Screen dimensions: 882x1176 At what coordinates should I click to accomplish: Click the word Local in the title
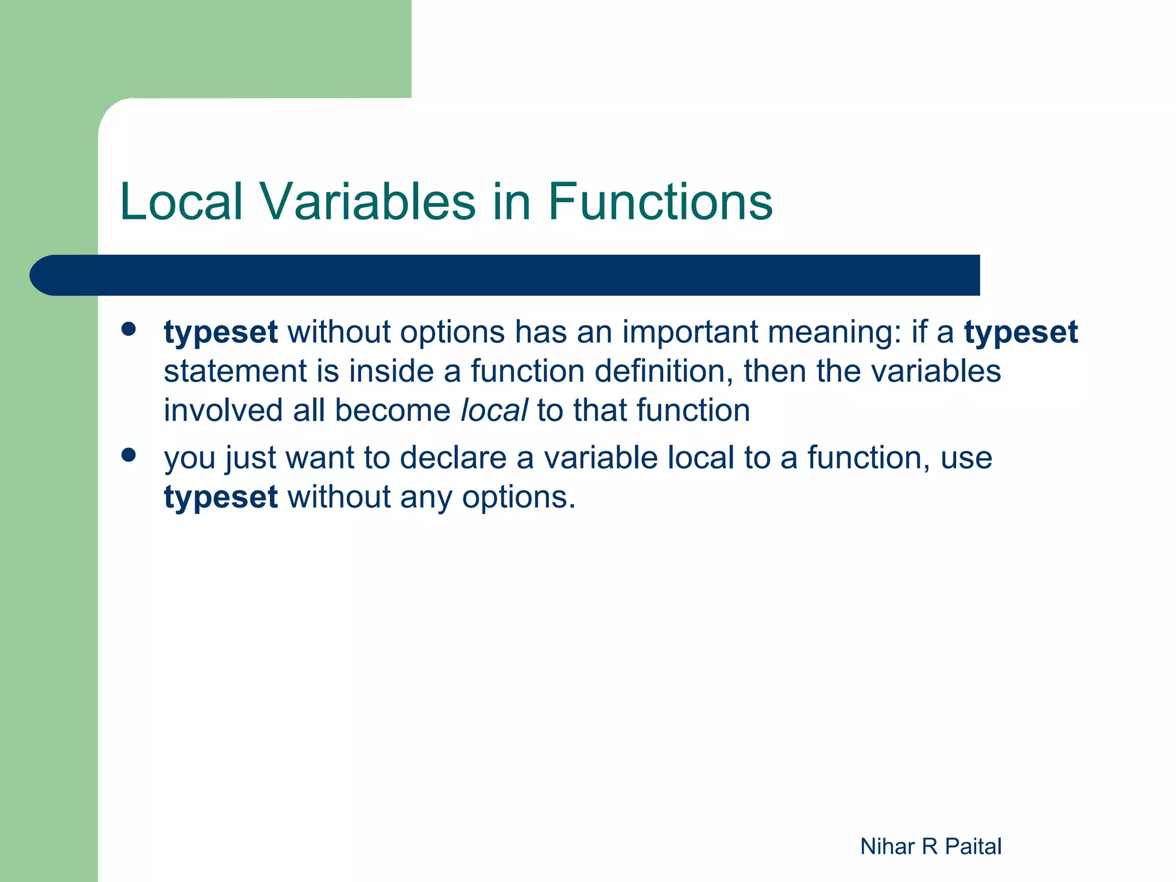click(181, 202)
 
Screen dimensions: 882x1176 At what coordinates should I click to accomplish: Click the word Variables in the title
click(368, 202)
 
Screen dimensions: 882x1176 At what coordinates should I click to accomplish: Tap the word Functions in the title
click(660, 202)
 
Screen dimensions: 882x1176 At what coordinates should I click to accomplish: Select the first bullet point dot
click(129, 329)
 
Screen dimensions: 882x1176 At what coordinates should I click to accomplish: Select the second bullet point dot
click(129, 455)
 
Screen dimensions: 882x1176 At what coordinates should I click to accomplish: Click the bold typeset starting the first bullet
click(220, 332)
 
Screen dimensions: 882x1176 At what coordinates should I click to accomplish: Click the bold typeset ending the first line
click(1020, 332)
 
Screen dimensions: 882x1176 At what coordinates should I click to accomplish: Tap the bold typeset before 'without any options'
click(220, 497)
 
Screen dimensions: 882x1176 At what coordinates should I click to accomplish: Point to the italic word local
click(494, 411)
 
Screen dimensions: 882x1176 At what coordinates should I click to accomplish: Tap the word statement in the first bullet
click(235, 372)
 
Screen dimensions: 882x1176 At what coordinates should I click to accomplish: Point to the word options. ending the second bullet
click(519, 497)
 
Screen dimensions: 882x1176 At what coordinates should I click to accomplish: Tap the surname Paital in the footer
click(973, 846)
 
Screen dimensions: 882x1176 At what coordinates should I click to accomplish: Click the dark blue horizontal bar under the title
click(517, 275)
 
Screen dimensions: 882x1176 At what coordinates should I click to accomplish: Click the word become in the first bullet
click(393, 411)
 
